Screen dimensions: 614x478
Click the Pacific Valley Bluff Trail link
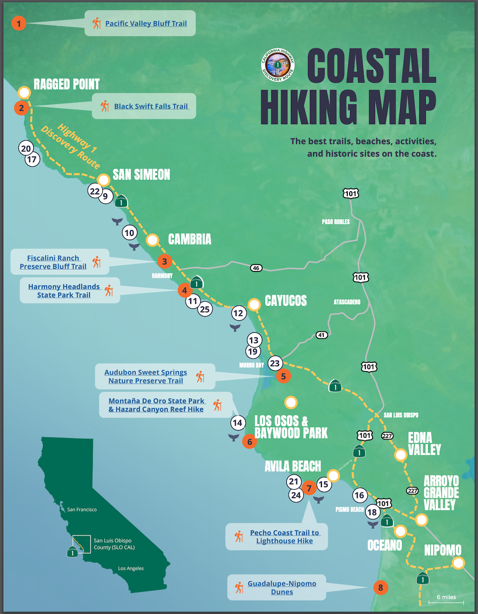146,24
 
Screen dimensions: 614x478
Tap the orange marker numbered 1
19,23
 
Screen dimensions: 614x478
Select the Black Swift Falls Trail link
151,106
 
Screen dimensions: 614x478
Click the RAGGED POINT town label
67,84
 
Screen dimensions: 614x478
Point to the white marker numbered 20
26,148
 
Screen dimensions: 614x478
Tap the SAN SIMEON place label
141,175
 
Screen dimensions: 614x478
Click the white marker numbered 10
129,233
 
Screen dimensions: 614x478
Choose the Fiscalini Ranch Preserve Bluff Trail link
53,262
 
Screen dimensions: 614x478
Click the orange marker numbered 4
185,290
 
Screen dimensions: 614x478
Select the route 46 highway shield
256,268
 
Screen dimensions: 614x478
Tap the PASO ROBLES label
336,222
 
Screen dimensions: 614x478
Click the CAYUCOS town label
285,301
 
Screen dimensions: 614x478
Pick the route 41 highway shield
321,335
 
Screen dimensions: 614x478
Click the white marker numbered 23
275,363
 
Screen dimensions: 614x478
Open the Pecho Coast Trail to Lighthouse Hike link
284,536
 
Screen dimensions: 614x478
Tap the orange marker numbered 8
381,588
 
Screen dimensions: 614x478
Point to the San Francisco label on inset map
82,510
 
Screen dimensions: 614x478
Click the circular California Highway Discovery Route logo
278,65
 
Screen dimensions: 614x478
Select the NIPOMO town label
442,550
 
